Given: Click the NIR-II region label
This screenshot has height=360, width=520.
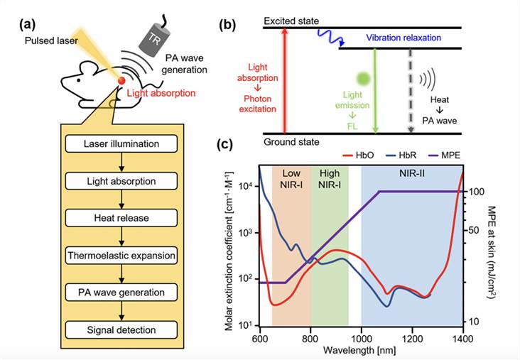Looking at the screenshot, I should (412, 173).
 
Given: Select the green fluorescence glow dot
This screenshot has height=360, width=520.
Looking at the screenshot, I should (362, 78).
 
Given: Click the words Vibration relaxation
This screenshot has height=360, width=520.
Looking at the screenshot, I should (407, 37).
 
